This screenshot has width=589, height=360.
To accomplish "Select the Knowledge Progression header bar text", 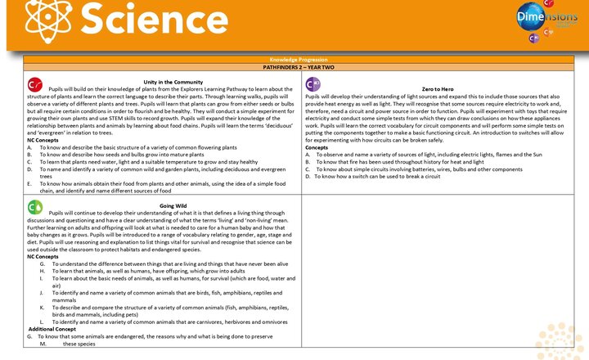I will click(302, 61).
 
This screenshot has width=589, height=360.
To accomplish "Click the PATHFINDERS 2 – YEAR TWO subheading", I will click(302, 67).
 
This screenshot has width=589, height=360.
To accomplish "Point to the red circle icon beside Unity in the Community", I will click(35, 84).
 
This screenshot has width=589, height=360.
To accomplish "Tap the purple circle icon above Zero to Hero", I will click(312, 84).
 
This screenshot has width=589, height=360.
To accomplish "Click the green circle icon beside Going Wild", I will click(35, 206).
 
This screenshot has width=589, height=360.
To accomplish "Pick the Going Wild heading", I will click(172, 205).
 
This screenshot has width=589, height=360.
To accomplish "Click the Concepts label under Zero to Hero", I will click(317, 147).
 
